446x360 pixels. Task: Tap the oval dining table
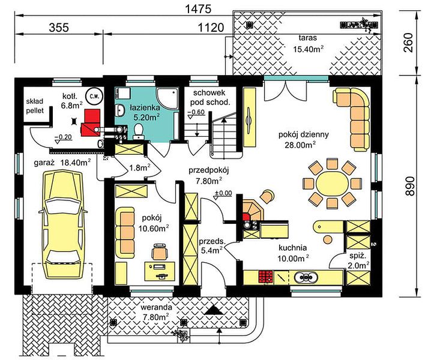332,184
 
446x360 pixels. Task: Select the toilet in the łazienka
139,131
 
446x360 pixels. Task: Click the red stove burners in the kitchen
265,277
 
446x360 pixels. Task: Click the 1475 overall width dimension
198,10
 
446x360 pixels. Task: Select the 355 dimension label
59,28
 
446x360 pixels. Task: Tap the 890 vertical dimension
410,186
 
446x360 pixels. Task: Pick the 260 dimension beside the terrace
408,43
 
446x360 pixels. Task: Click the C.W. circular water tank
94,96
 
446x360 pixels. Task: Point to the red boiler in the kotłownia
91,122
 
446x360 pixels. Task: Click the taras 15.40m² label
308,44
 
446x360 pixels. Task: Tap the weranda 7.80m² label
156,312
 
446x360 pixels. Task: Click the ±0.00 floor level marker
223,194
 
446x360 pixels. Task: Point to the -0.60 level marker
196,113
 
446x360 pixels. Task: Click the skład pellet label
35,106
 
